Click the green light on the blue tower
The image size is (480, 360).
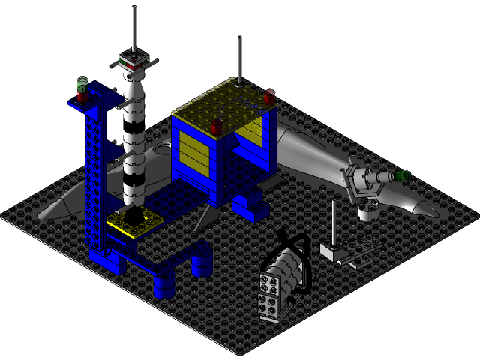point(82,81)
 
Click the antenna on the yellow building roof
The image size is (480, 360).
point(239,60)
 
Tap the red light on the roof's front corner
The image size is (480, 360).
point(217,125)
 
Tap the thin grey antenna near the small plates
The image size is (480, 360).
point(332,221)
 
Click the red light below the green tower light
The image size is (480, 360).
point(82,95)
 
